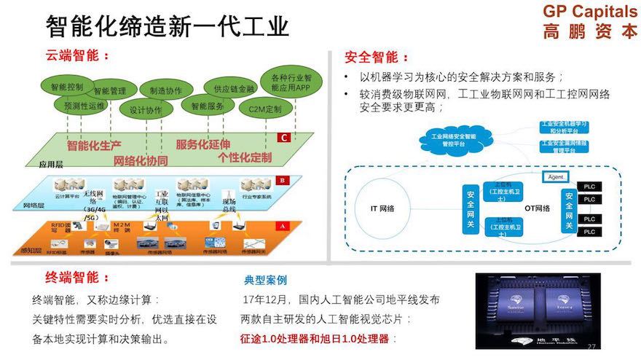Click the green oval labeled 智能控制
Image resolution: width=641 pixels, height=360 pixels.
pyautogui.click(x=66, y=87)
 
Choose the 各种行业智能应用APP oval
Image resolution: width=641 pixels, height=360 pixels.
pyautogui.click(x=291, y=82)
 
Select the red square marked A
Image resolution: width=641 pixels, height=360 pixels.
pyautogui.click(x=283, y=226)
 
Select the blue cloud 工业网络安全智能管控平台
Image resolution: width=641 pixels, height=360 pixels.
pyautogui.click(x=452, y=139)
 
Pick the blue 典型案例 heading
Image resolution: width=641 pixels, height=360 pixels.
pyautogui.click(x=265, y=280)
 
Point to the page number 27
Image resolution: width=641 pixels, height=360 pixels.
pyautogui.click(x=591, y=345)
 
